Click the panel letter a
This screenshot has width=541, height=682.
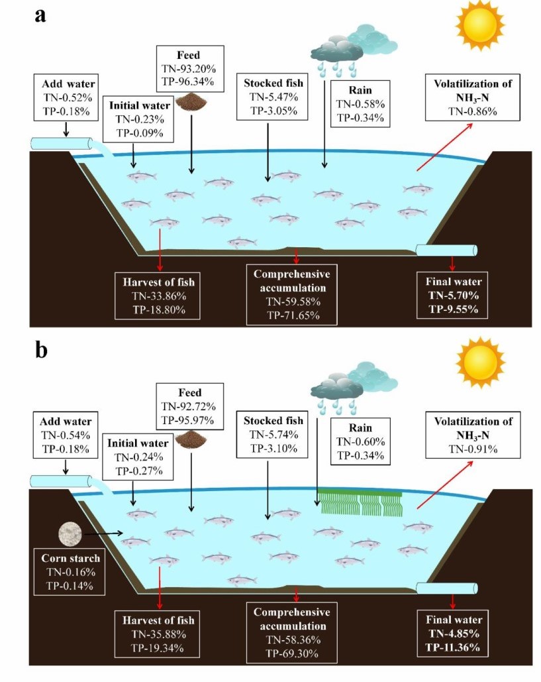(x=41, y=16)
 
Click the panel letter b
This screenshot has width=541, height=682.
(x=41, y=349)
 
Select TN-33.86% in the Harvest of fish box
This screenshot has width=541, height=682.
(x=160, y=296)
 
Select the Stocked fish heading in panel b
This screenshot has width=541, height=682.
(x=273, y=421)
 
